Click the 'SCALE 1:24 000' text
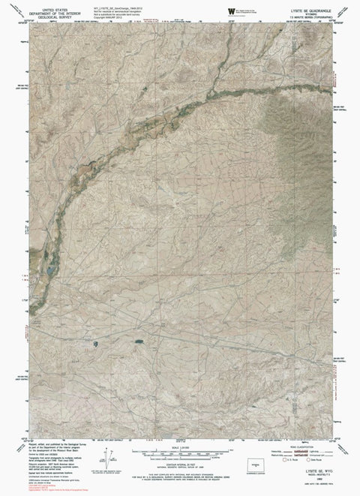(178, 448)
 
